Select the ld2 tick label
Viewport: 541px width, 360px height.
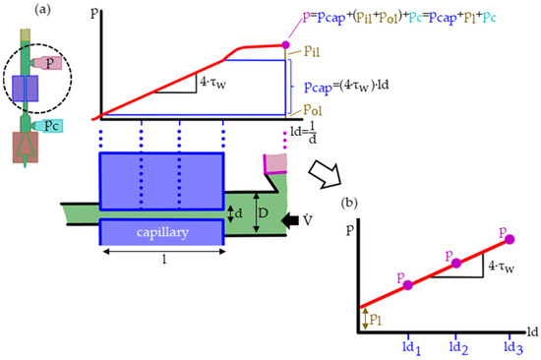[454, 348]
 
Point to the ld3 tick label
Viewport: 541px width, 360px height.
[510, 348]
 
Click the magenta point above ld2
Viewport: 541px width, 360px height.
[455, 264]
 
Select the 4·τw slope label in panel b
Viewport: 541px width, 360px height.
[502, 263]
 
